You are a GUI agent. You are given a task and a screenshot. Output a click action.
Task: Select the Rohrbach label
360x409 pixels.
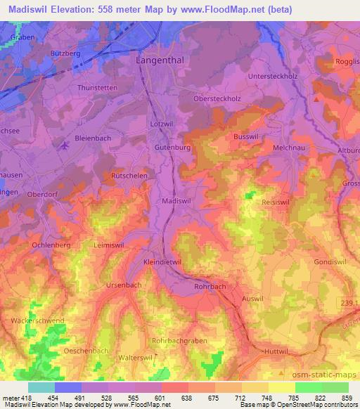(x=209, y=287)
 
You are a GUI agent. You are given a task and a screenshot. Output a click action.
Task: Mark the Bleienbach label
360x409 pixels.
(x=94, y=138)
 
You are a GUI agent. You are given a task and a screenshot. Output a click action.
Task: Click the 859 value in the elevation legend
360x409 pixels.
(x=345, y=398)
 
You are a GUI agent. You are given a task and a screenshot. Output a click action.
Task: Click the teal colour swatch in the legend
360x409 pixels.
(x=41, y=387)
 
